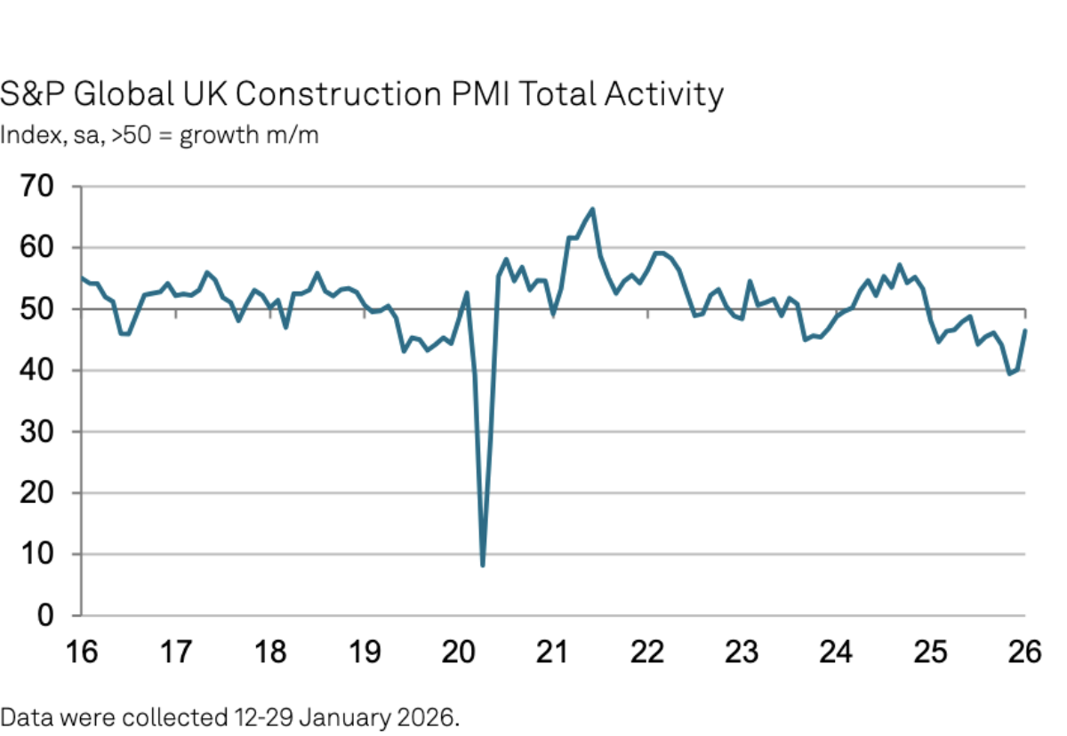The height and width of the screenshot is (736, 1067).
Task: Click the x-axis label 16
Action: click(81, 652)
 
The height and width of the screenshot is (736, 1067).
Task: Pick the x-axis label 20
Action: click(458, 652)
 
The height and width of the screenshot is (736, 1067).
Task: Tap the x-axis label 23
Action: click(741, 652)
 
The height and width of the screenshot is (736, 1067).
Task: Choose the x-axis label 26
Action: click(1023, 652)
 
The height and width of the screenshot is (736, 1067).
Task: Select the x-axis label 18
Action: click(269, 652)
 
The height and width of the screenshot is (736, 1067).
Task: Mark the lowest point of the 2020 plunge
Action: click(483, 564)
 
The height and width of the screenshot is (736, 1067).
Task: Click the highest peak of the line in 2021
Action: click(592, 210)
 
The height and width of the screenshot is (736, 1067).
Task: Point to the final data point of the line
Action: click(1025, 331)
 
